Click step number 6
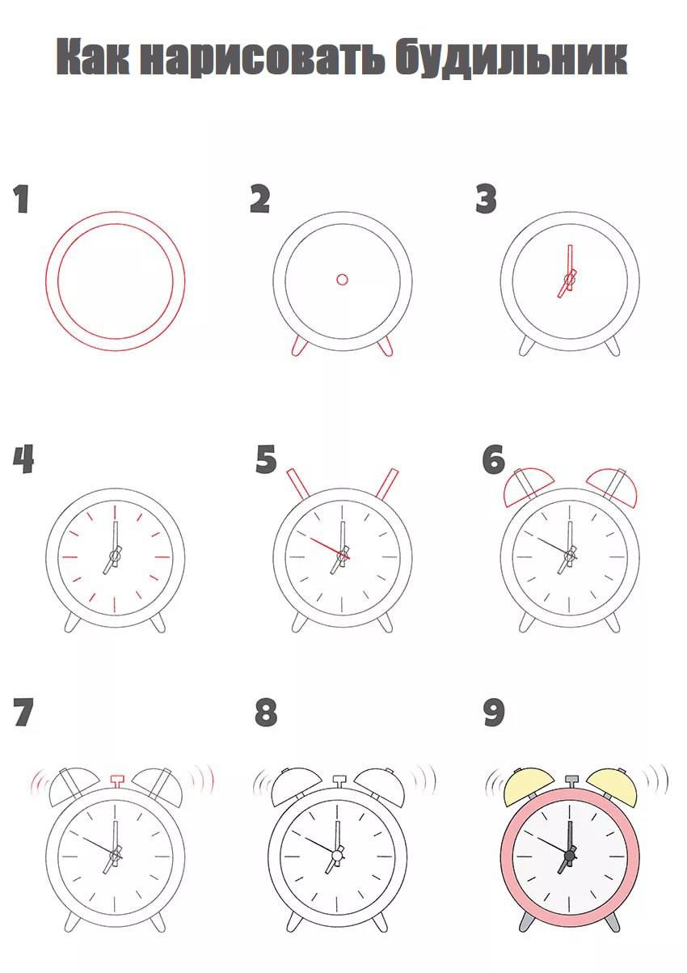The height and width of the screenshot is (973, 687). pos(494,459)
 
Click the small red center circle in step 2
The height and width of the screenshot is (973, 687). pos(343,279)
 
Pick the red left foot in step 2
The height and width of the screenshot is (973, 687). pos(298,347)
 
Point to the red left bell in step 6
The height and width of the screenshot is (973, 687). pos(527,488)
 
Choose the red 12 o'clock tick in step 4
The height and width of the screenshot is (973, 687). pos(116,512)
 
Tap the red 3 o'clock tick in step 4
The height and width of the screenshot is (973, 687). pos(162,556)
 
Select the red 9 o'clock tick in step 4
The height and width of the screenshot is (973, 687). pos(69,556)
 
